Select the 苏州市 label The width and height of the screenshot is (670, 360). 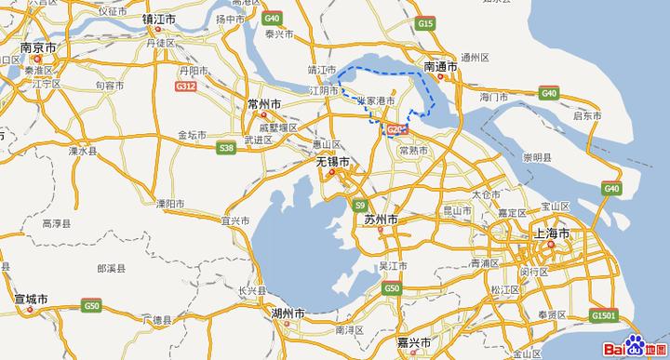(381, 220)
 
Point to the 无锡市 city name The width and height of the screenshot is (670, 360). (332, 161)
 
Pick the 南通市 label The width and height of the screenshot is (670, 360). (441, 67)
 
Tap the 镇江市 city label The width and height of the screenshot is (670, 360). (160, 18)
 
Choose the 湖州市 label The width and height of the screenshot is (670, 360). (286, 313)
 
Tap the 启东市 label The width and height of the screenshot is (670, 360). (588, 116)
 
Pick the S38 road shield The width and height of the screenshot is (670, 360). (225, 147)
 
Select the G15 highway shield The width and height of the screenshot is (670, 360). (426, 21)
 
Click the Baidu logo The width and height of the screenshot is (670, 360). (636, 345)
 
